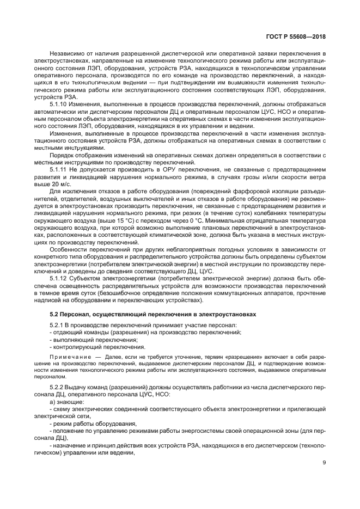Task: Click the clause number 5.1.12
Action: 58,278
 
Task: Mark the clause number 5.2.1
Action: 57,325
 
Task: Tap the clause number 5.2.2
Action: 57,386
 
